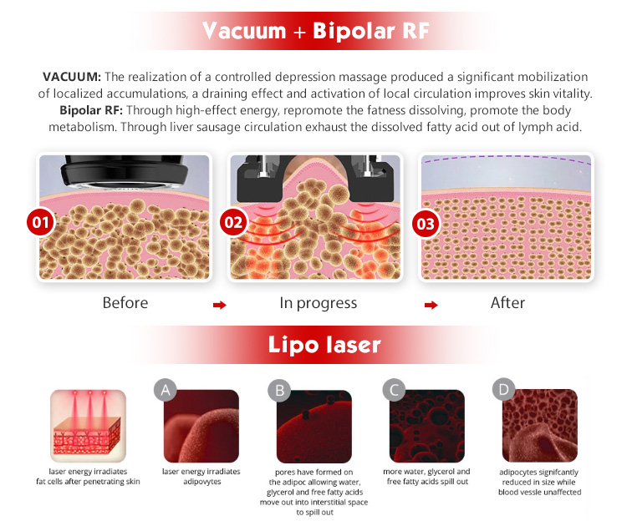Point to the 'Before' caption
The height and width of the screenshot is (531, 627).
pos(125,302)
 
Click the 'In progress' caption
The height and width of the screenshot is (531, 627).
pos(318,302)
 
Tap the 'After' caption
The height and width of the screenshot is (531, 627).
pos(507,302)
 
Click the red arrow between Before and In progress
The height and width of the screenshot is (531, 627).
pos(220,306)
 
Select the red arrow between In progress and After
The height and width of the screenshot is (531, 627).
pos(431,306)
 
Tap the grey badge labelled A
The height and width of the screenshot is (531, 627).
pos(165,389)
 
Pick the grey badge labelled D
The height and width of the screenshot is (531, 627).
pos(503,389)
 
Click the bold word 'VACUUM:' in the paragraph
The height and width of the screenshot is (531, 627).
pos(71,77)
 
